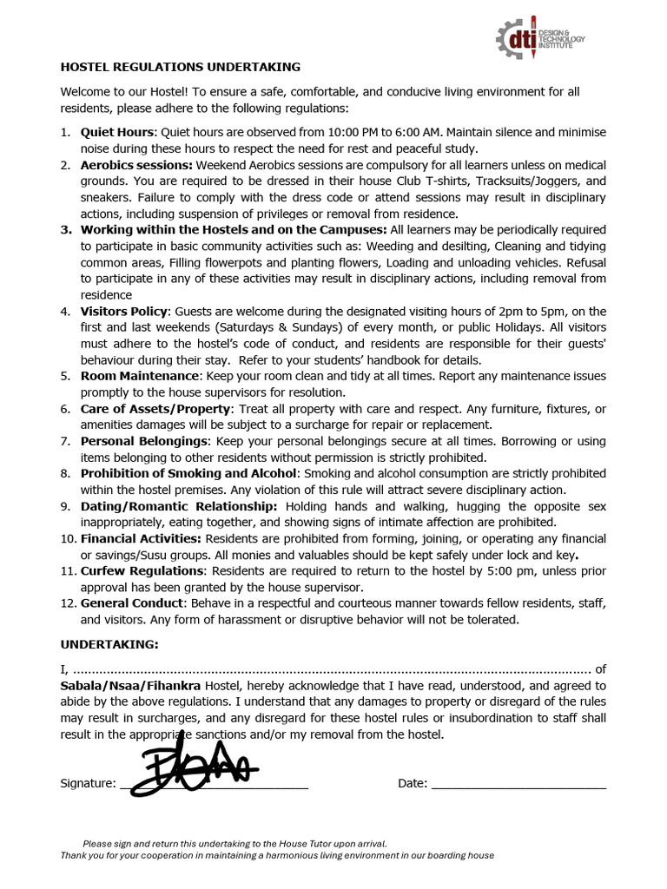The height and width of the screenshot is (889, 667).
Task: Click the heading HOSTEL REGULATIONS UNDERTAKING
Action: pos(180,66)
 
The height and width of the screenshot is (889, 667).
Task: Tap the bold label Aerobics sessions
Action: pos(136,165)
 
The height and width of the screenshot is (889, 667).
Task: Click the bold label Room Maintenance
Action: pos(139,376)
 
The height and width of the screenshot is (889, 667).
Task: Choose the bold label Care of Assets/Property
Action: pos(156,409)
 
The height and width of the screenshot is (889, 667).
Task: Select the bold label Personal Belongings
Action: pos(144,441)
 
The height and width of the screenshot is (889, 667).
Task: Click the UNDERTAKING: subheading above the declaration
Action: pos(109,644)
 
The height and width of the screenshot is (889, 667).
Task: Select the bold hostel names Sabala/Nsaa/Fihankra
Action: pos(130,685)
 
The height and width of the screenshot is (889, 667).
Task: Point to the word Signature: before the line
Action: pos(88,783)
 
